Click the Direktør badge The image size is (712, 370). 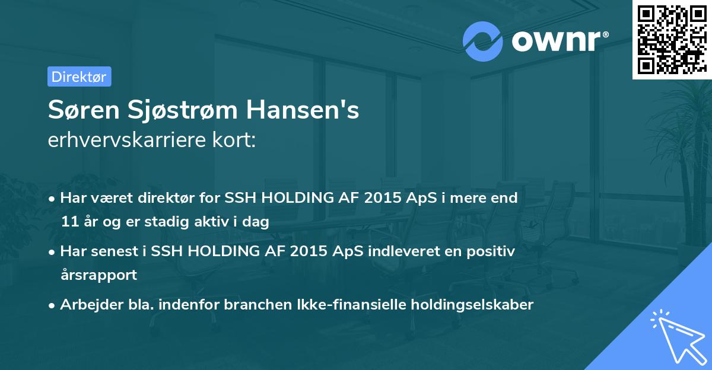tap(79, 76)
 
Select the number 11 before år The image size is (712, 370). tap(68, 222)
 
